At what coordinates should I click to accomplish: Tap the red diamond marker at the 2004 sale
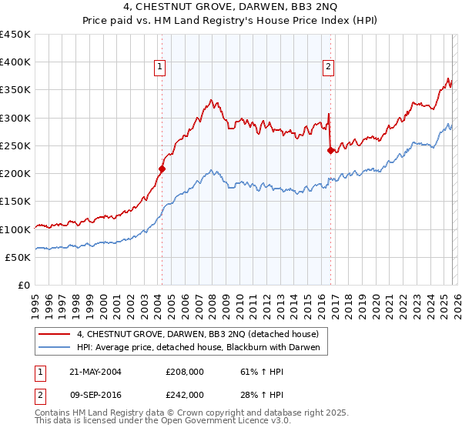point(162,169)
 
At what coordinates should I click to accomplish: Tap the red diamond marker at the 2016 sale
point(330,150)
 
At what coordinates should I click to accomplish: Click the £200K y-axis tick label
point(15,174)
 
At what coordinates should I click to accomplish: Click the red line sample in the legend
point(55,334)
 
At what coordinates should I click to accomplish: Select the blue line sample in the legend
point(55,348)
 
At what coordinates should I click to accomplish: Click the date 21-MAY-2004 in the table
point(89,372)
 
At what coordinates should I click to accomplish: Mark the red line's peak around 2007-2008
point(210,100)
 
